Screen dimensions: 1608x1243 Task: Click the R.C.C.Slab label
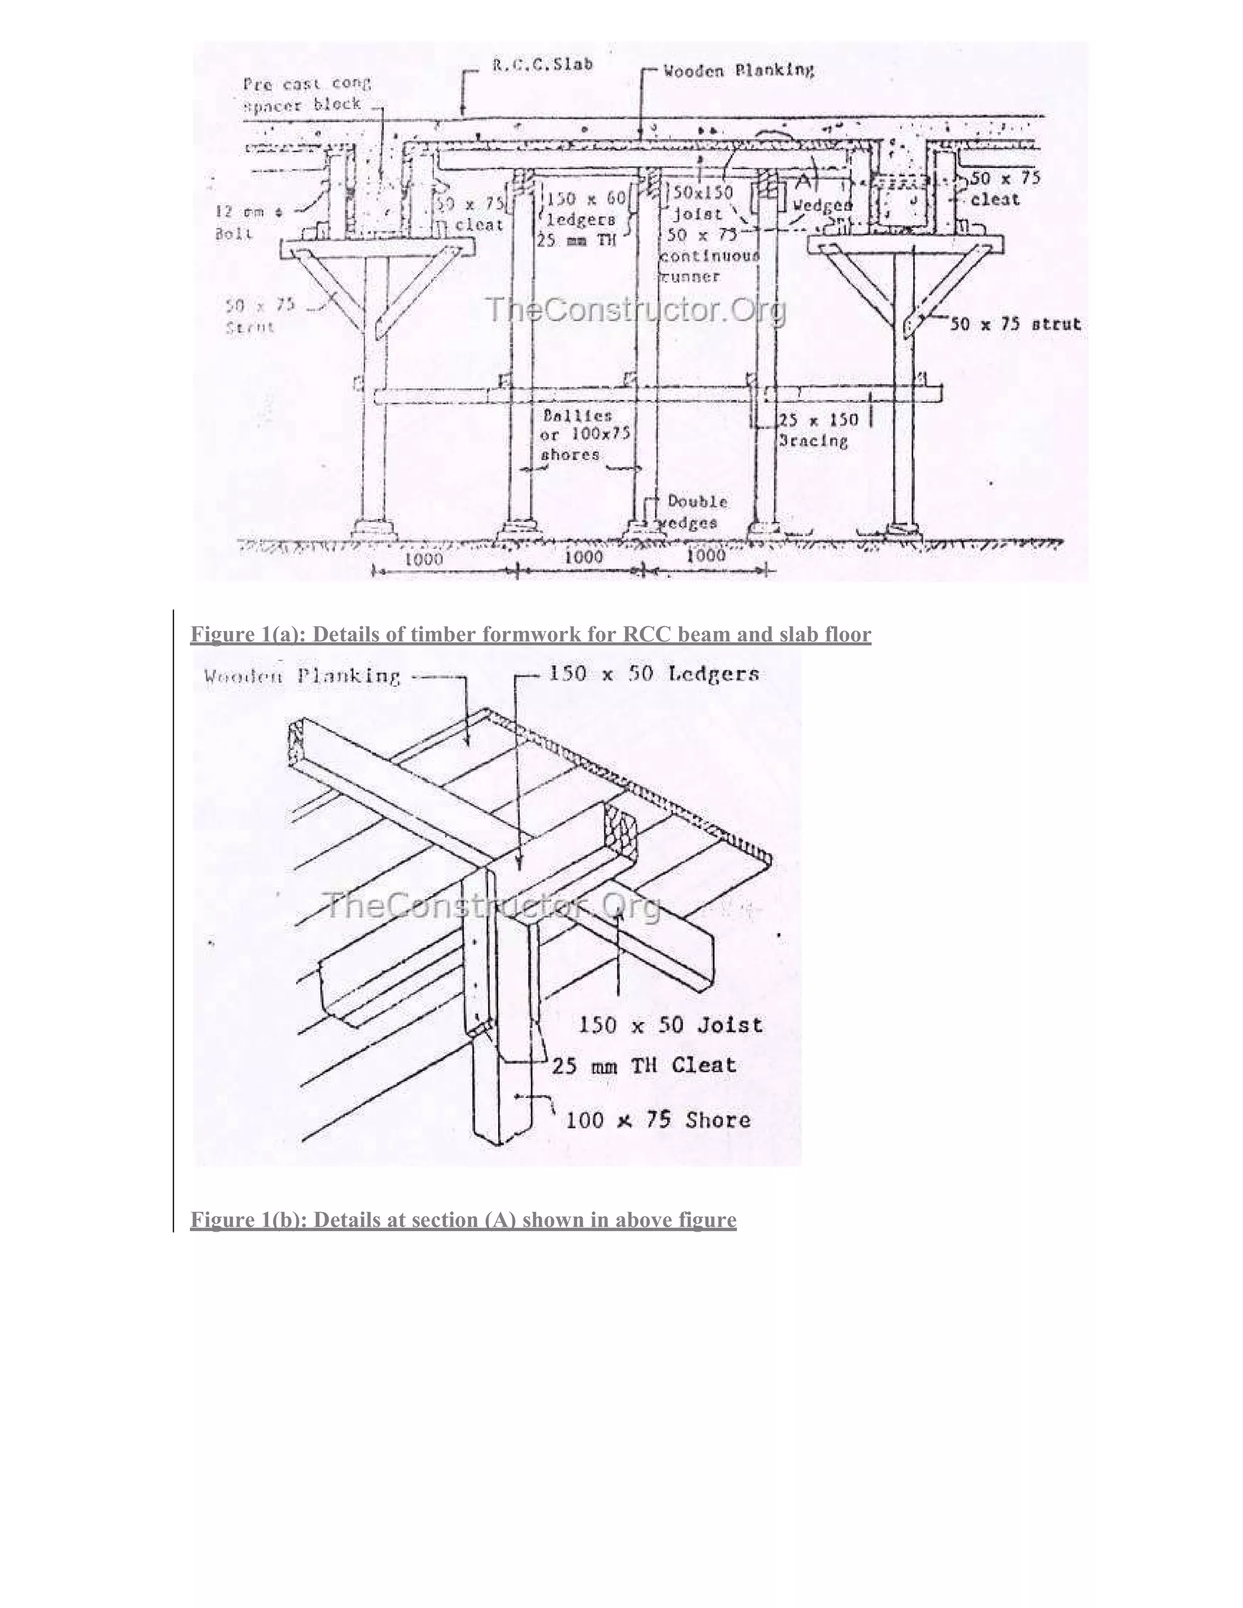(542, 64)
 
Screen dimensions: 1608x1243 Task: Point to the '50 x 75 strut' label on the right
(1015, 324)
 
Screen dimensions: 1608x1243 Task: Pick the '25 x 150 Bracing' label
(818, 430)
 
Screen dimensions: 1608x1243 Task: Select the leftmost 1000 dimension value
(425, 559)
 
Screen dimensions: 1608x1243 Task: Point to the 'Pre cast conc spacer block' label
(306, 93)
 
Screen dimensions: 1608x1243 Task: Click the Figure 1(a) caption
(530, 635)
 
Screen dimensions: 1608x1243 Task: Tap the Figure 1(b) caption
(463, 1220)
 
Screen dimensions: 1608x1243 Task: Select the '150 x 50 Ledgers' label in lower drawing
(654, 674)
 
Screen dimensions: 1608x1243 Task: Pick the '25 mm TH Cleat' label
(643, 1066)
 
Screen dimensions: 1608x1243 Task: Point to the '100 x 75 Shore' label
(657, 1120)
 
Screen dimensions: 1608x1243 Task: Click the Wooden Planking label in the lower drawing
(302, 676)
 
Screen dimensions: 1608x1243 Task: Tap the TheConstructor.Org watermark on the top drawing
(636, 310)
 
